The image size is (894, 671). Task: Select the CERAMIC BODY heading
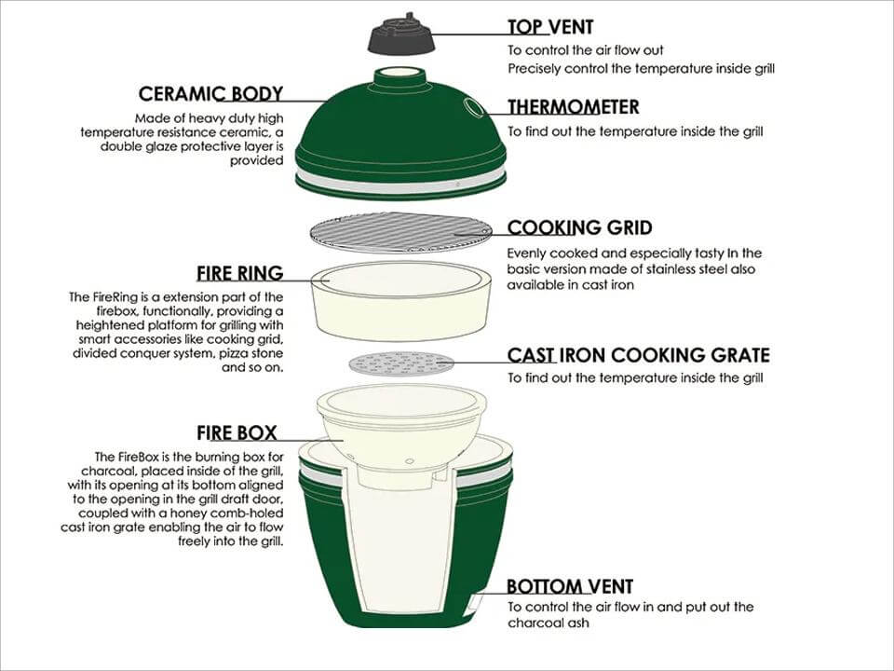[x=210, y=94]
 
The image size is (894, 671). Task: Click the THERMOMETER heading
[x=573, y=107]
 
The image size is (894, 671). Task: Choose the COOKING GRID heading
[x=578, y=228]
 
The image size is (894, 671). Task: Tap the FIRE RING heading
[x=239, y=274]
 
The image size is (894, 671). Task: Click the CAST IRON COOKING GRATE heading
[x=638, y=355]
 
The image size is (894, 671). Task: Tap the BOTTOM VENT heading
[x=569, y=587]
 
